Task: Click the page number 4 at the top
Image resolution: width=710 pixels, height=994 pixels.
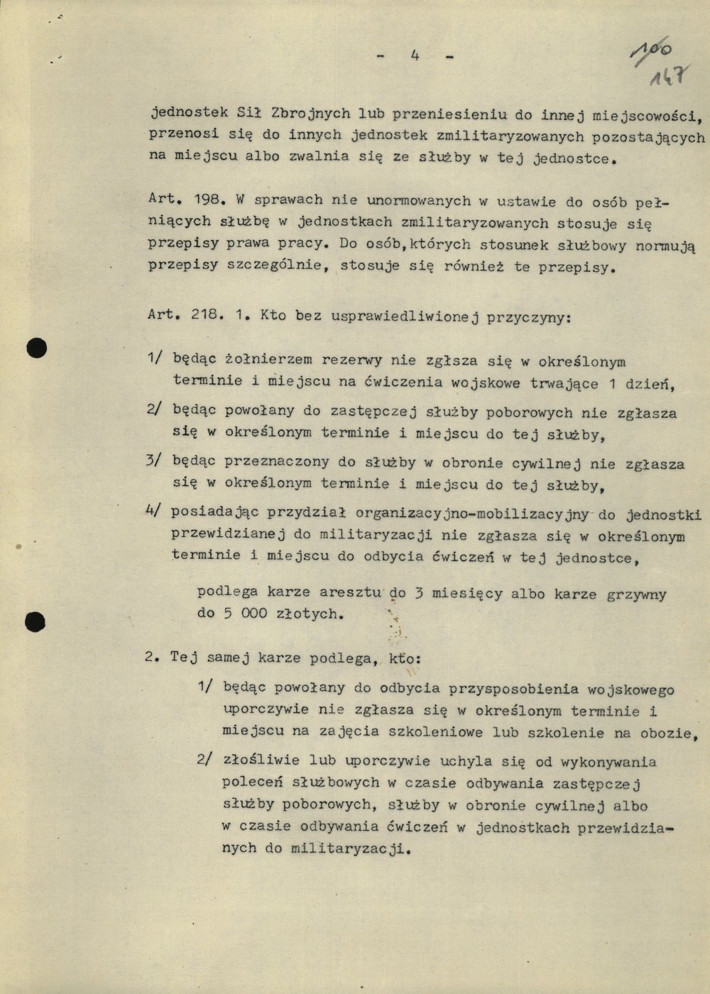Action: pos(414,56)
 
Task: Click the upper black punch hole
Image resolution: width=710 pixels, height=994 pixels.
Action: pos(35,348)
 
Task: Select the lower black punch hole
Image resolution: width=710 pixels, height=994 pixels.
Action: pos(35,622)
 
